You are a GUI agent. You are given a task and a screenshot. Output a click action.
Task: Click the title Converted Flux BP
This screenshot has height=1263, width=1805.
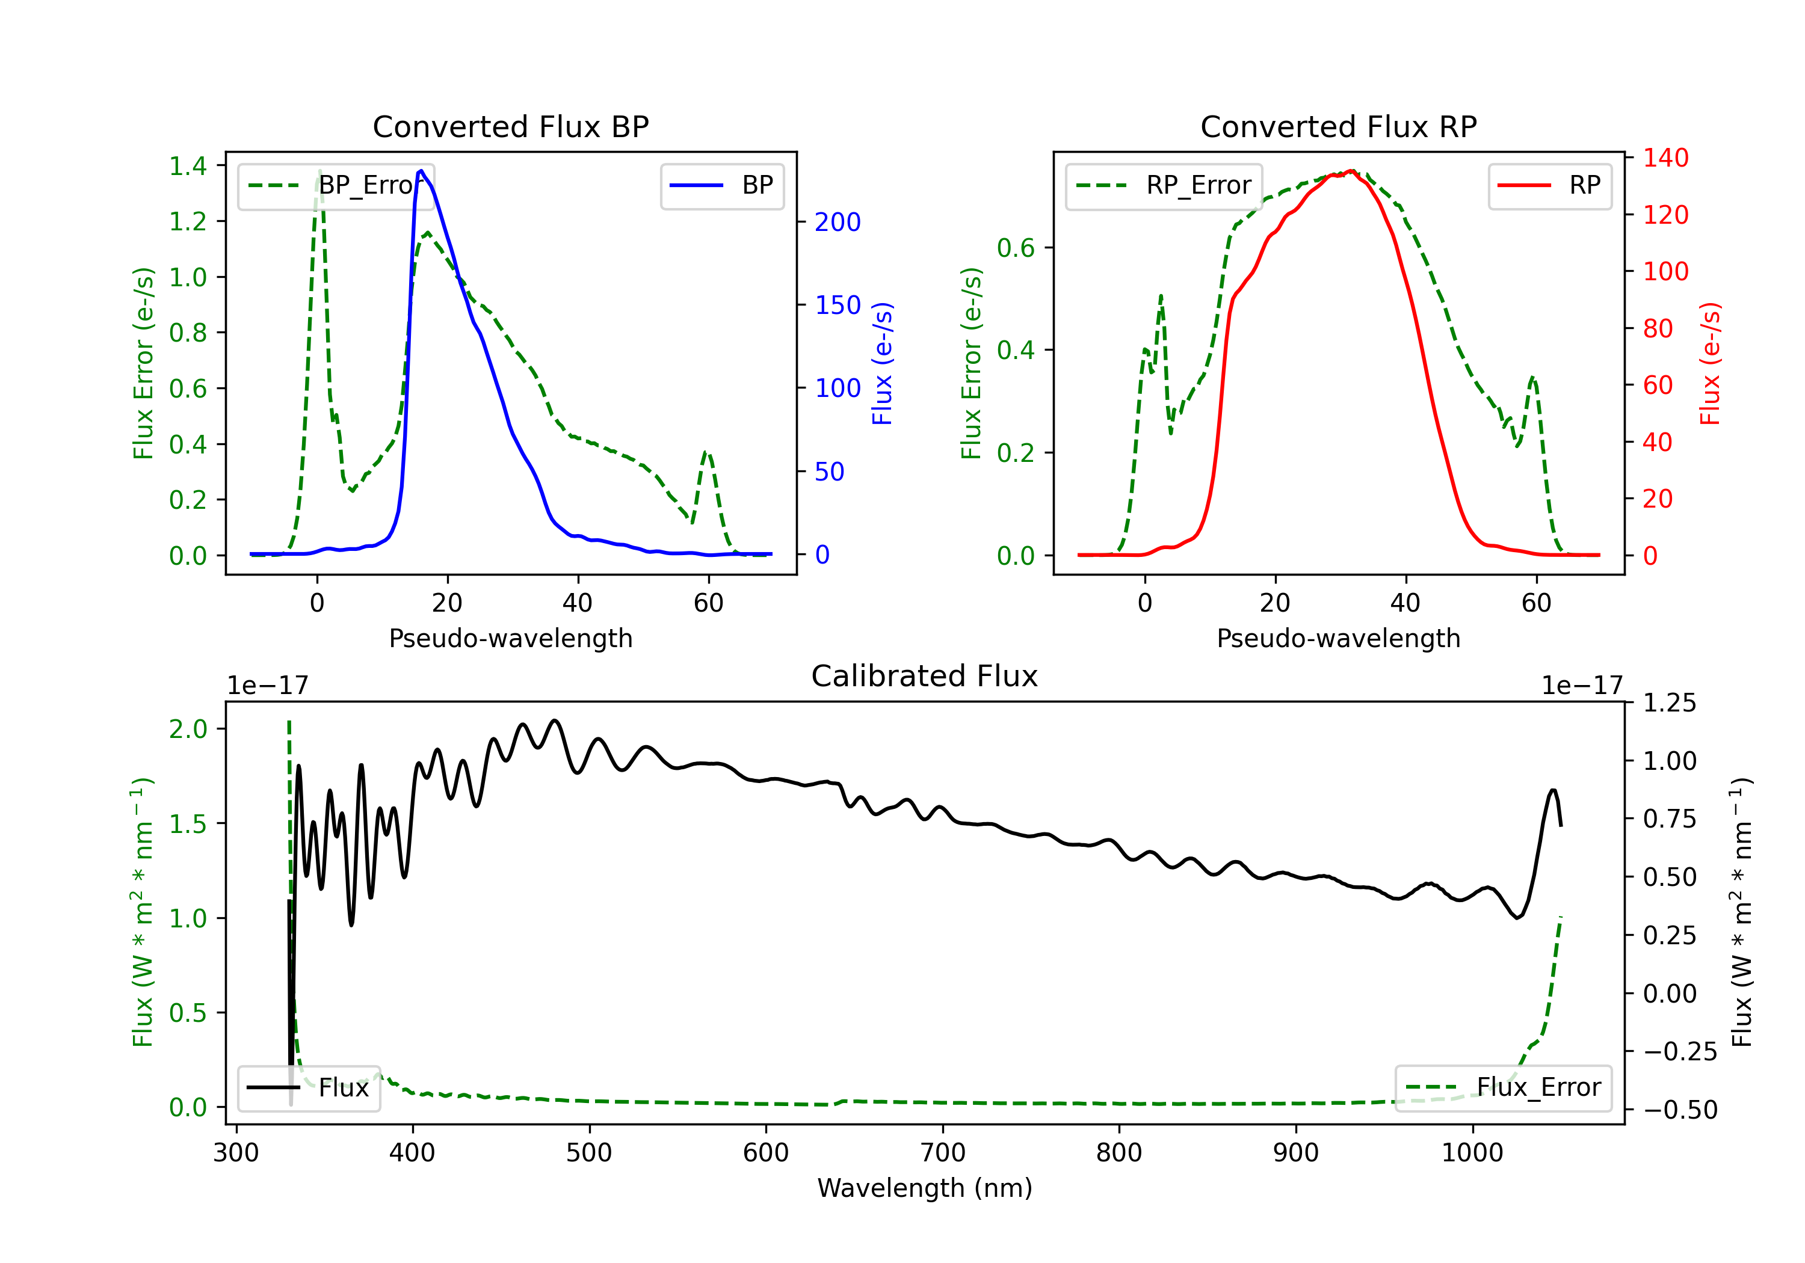coord(511,126)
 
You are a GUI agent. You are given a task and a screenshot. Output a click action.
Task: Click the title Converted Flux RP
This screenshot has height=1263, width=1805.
coord(1339,126)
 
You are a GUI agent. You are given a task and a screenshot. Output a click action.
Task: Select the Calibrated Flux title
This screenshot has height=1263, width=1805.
coord(925,676)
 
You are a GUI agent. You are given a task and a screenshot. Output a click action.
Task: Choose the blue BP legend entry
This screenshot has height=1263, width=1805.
coord(721,185)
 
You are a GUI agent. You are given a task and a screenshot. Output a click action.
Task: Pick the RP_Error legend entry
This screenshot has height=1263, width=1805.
coord(1164,185)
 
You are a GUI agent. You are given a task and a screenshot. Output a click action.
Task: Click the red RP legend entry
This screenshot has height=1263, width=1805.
coord(1549,185)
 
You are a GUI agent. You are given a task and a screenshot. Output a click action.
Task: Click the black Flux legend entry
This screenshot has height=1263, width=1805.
coord(307,1088)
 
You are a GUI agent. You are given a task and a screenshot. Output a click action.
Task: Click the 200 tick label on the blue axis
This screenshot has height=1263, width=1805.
coord(838,223)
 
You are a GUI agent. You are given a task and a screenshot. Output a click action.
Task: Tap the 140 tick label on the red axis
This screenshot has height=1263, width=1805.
coord(1666,158)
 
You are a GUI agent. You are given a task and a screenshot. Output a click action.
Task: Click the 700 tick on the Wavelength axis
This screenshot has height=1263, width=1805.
coord(943,1153)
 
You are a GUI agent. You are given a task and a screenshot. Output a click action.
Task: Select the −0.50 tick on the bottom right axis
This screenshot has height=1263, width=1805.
coord(1680,1110)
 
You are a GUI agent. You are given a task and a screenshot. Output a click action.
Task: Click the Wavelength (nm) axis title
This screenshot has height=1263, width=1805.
coord(925,1188)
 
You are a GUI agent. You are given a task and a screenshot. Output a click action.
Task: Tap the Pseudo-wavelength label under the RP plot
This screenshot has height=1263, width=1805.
coord(1339,638)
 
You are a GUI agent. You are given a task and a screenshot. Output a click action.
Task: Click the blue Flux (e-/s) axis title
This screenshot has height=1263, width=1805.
coord(883,364)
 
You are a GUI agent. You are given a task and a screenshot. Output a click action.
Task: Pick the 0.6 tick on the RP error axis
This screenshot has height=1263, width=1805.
coord(1016,248)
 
